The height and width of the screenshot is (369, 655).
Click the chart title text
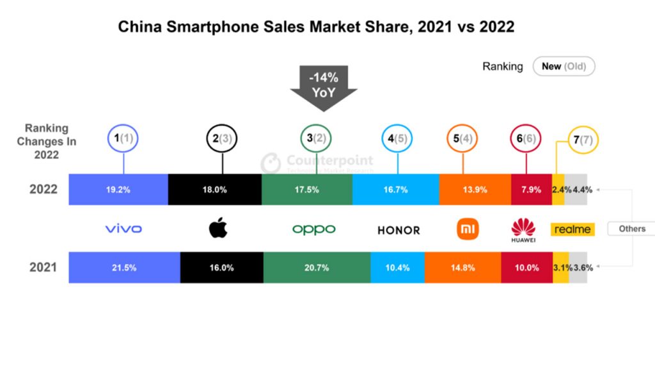[x=317, y=27]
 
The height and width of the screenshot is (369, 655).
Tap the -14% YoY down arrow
[x=324, y=87]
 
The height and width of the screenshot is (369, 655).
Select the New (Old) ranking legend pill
[x=564, y=66]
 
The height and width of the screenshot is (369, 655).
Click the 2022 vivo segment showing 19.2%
[x=118, y=190]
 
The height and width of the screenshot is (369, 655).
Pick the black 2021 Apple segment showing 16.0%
[x=221, y=268]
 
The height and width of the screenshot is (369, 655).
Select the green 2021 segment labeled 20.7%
[x=317, y=268]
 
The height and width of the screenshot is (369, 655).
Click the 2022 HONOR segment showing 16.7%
[x=395, y=190]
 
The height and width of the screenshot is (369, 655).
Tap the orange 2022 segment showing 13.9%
[x=475, y=190]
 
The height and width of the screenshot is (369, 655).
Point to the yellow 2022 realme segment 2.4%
[x=558, y=190]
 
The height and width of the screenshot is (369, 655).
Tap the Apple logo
[x=218, y=228]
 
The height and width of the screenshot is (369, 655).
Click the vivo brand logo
[x=123, y=229]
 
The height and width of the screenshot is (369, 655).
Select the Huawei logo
[x=523, y=229]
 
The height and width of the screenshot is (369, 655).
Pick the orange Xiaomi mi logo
[x=468, y=229]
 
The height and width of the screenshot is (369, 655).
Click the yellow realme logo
[x=572, y=229]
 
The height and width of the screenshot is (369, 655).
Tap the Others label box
[x=631, y=229]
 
